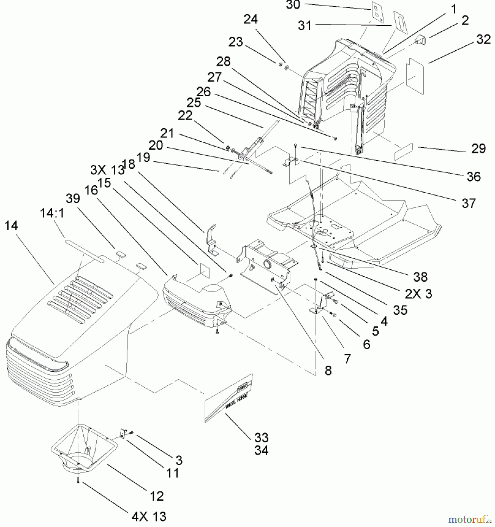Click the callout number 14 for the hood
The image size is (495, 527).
[x=11, y=226]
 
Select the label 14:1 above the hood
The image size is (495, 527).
[x=52, y=213]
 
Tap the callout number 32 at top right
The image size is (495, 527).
[x=483, y=40]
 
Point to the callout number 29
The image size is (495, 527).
[x=478, y=149]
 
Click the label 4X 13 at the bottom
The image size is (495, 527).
[x=149, y=516]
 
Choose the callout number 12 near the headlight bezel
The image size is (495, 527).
[x=156, y=496]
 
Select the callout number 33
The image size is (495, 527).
[x=261, y=438]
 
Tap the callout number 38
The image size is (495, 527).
[x=420, y=277]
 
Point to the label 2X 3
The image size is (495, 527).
[x=418, y=294]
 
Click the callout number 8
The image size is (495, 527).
[x=328, y=371]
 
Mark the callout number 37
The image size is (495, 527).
[x=469, y=203]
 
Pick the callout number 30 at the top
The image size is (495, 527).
[x=293, y=5]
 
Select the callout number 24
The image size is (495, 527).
[x=251, y=20]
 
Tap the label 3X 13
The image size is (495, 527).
[x=107, y=170]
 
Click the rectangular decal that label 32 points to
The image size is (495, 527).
[x=415, y=77]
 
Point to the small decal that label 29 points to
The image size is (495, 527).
[x=403, y=152]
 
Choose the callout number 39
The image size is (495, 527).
[x=73, y=199]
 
